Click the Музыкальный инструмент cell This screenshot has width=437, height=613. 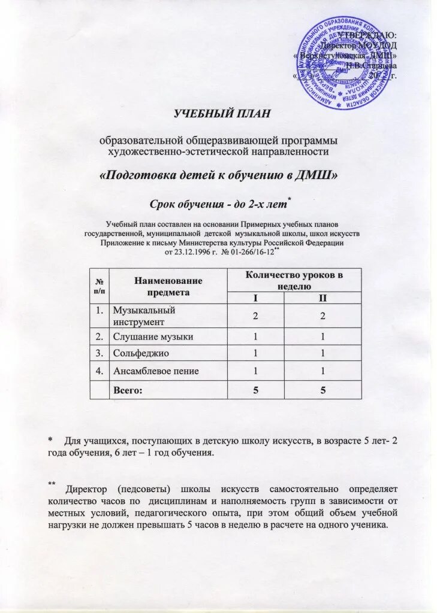(168, 316)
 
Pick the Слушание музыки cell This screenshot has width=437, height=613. (168, 337)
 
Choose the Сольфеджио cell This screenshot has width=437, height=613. (168, 354)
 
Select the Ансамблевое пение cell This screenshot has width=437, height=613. (168, 371)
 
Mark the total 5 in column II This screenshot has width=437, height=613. (323, 390)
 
